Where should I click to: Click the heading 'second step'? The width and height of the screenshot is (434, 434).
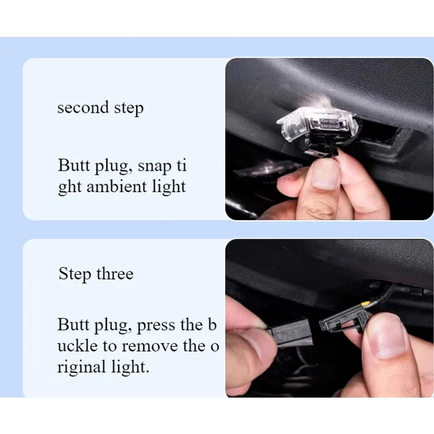coord(100,108)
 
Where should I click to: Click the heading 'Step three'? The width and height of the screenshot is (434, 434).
coord(96,274)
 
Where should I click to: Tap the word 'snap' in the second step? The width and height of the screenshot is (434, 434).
coord(155,167)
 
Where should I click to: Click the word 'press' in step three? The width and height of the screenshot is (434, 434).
coord(156,325)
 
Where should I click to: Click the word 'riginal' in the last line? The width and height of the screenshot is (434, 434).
coord(82,368)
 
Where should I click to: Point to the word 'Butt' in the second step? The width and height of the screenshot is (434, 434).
coord(74,165)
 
